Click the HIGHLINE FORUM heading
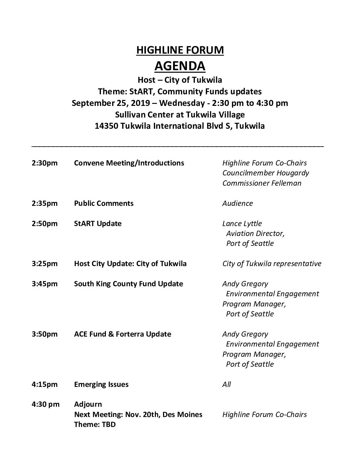pyautogui.click(x=180, y=50)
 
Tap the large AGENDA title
pyautogui.click(x=180, y=66)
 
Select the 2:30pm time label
pyautogui.click(x=45, y=163)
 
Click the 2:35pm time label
pyautogui.click(x=45, y=204)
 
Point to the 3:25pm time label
pyautogui.click(x=45, y=264)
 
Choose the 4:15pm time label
pyautogui.click(x=45, y=385)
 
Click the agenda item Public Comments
pyautogui.click(x=104, y=204)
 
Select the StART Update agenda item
pyautogui.click(x=98, y=224)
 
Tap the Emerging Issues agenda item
pyautogui.click(x=101, y=385)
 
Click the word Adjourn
pyautogui.click(x=88, y=404)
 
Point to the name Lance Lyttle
pyautogui.click(x=242, y=224)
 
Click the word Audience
pyautogui.click(x=238, y=204)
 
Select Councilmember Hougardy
pyautogui.click(x=266, y=173)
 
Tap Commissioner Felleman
pyautogui.click(x=262, y=183)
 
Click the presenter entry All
pyautogui.click(x=227, y=385)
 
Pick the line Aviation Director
pyautogui.click(x=255, y=234)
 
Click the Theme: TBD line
pyautogui.click(x=95, y=425)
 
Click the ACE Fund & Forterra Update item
pyautogui.click(x=123, y=334)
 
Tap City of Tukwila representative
pyautogui.click(x=272, y=264)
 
